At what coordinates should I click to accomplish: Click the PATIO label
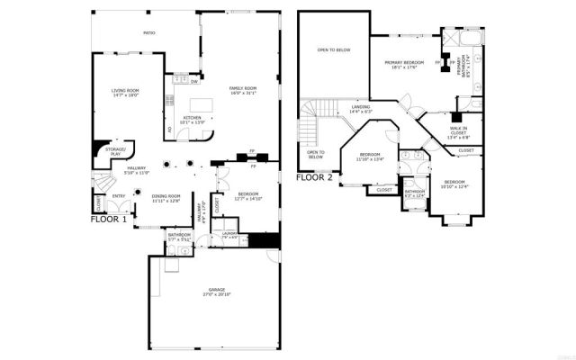pos(149,33)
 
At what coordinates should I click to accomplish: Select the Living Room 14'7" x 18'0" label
pos(124,94)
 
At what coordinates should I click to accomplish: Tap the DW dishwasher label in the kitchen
pos(195,82)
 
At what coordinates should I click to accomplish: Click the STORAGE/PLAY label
pos(115,152)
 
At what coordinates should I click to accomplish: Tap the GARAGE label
pos(211,292)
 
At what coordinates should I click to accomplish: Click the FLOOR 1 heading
pos(110,219)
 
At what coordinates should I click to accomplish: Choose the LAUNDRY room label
pos(229,235)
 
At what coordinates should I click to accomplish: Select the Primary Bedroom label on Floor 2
pos(404,65)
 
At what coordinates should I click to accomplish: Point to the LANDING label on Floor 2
pos(361,110)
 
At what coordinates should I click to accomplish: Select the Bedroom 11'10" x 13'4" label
pos(370,157)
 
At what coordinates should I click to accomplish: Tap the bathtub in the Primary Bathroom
pos(469,40)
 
